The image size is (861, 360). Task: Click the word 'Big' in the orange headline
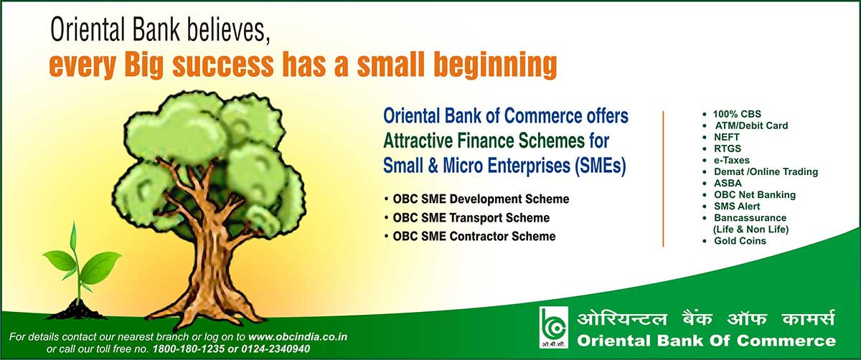[x=143, y=65]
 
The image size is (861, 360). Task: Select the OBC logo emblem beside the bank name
[x=553, y=327]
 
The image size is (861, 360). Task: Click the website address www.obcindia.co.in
[x=298, y=337]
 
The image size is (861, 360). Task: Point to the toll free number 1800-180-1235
[x=188, y=349]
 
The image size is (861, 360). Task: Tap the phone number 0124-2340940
[x=276, y=349]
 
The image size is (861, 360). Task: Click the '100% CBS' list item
[x=737, y=114]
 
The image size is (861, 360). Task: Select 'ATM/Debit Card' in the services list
[x=751, y=125]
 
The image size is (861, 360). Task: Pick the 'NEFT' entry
[x=726, y=137]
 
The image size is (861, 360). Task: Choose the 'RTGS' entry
[x=728, y=148]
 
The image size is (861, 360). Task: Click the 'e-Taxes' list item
[x=731, y=160]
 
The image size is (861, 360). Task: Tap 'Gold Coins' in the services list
[x=740, y=241]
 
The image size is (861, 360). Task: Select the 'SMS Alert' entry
[x=737, y=207]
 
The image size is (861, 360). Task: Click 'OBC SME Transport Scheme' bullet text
[x=471, y=218]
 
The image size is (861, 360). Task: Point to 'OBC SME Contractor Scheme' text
[x=474, y=236]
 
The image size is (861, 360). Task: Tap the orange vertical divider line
[x=663, y=179]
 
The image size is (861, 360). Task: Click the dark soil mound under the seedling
[x=77, y=311]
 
